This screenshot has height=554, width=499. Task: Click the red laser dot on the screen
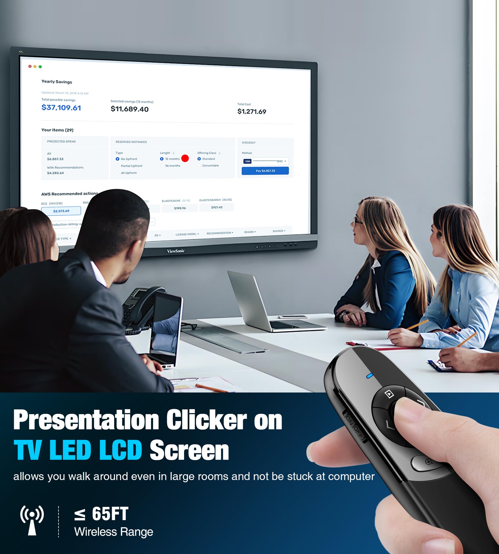pos(185,158)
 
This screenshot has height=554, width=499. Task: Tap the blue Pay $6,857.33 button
pos(265,171)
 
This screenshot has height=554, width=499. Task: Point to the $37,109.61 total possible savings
pos(61,107)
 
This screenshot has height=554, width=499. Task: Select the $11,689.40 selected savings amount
pos(129,109)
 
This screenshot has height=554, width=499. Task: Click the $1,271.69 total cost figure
pos(252,112)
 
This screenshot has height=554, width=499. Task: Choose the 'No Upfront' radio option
pos(118,159)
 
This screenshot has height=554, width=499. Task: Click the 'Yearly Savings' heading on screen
pos(57,82)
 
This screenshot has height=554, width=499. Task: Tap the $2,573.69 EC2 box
pos(61,211)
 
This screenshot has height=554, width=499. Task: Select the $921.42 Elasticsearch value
pos(217,207)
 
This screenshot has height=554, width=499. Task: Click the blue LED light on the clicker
pos(370,376)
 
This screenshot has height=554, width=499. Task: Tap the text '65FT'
pos(110,514)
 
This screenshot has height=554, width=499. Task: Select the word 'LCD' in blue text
pos(121,450)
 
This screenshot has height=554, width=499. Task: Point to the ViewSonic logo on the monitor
pos(176,251)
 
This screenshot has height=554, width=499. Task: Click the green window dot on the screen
pos(40,67)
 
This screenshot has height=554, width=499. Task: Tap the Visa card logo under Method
pos(248,161)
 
